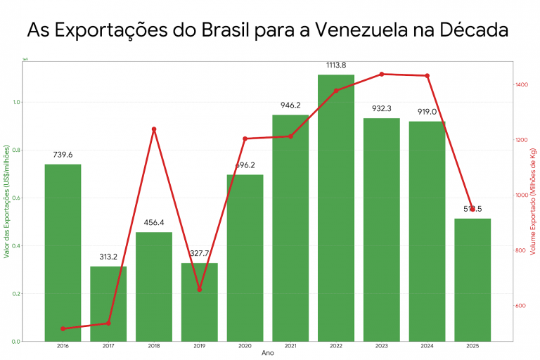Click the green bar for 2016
pyautogui.click(x=63, y=253)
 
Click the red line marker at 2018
pyautogui.click(x=154, y=129)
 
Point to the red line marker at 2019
pyautogui.click(x=200, y=289)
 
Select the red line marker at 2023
pyautogui.click(x=382, y=74)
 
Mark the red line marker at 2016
pyautogui.click(x=63, y=328)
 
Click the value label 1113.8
pyautogui.click(x=336, y=65)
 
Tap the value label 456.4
pyautogui.click(x=154, y=223)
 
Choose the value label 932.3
pyautogui.click(x=382, y=109)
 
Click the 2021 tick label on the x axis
pyautogui.click(x=290, y=347)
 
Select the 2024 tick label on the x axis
pyautogui.click(x=427, y=347)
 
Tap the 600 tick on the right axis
pyautogui.click(x=521, y=306)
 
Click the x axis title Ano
pyautogui.click(x=268, y=354)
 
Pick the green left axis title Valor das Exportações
pyautogui.click(x=6, y=201)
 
